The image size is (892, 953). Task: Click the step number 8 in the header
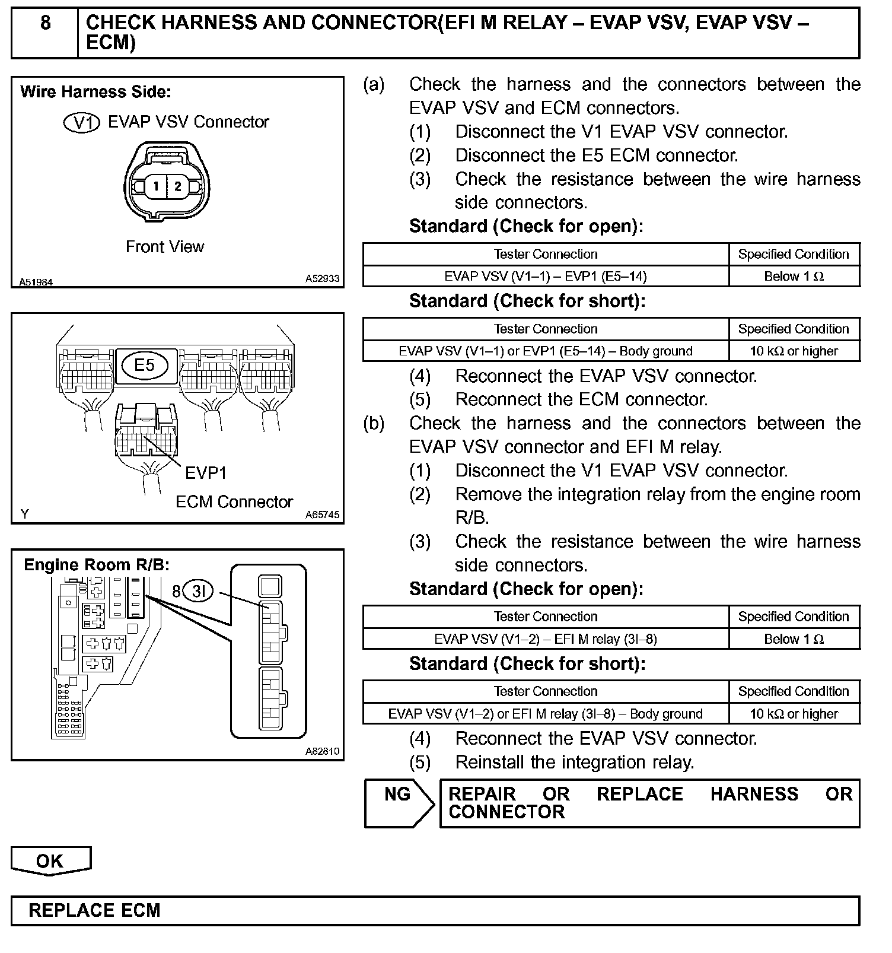45,24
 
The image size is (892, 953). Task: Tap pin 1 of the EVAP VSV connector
156,186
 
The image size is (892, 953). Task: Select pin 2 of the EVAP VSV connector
177,186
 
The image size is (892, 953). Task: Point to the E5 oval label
144,364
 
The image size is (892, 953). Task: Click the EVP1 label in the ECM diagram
206,473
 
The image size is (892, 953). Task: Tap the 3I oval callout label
198,590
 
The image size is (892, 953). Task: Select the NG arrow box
398,795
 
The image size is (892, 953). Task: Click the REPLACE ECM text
94,910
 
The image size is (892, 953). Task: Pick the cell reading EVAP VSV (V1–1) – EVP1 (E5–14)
545,277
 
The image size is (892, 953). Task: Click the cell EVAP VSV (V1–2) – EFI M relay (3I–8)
545,639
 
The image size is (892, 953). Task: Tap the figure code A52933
322,278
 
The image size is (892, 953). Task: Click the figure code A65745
322,514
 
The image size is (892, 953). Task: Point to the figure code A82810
322,751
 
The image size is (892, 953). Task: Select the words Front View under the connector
164,247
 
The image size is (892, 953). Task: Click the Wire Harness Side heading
95,92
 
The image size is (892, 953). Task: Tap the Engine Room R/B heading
97,565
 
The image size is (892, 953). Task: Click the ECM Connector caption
234,502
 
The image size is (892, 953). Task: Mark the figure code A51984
36,282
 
